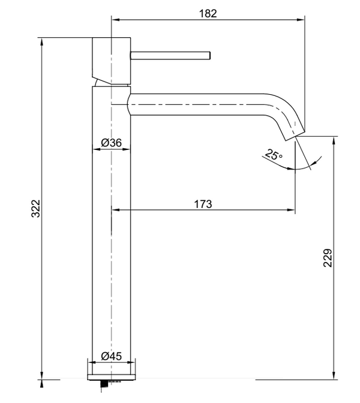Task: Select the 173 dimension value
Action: coord(203,204)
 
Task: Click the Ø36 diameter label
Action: coord(112,142)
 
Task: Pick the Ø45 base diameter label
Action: coord(112,356)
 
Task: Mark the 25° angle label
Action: coord(273,155)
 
